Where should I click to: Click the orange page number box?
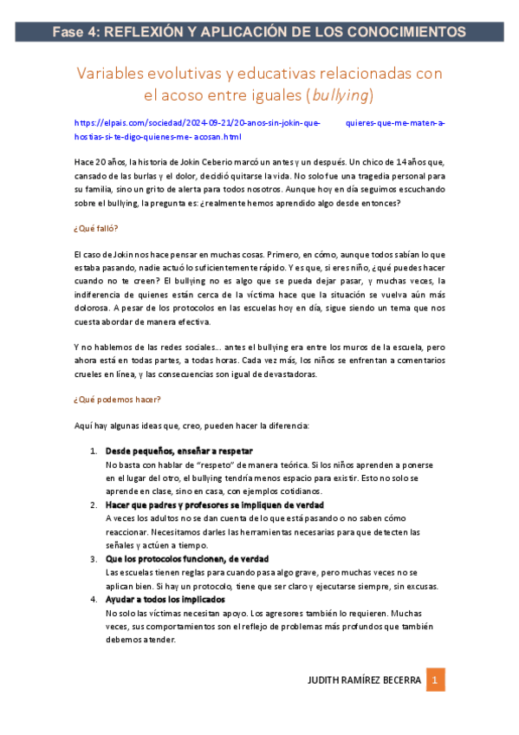[438, 680]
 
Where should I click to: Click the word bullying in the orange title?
[341, 94]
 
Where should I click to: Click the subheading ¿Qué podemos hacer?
[117, 400]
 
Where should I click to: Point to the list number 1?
[94, 452]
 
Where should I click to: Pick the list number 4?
[94, 600]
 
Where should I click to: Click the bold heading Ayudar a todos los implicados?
[165, 600]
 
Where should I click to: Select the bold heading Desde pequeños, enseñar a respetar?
[178, 452]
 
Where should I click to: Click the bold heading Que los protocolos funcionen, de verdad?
[186, 559]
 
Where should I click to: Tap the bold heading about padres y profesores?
[214, 505]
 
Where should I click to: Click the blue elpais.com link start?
[108, 123]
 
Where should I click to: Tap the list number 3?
[94, 559]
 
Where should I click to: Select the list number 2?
[94, 505]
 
